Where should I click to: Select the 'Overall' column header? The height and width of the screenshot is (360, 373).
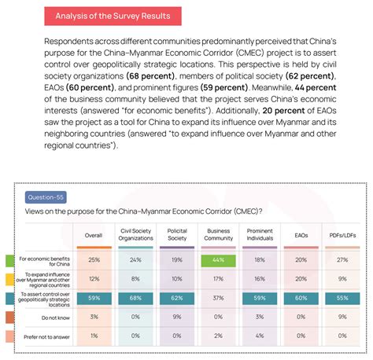[x=94, y=234]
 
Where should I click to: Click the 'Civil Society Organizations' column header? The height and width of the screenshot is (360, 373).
[x=135, y=234]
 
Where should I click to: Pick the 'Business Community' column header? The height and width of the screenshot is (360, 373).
[x=218, y=234]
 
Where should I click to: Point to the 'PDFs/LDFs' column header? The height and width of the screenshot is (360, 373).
[x=343, y=234]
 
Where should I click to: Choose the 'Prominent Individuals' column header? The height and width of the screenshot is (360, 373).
[x=260, y=234]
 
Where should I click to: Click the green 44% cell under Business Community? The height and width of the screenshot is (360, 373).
[x=218, y=259]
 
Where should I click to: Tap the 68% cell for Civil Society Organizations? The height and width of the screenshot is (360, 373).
[x=135, y=298]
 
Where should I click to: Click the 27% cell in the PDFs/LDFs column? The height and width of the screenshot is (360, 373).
[x=343, y=259]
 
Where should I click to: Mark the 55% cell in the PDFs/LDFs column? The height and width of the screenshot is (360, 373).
[x=343, y=298]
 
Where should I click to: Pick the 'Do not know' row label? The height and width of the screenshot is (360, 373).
[x=42, y=317]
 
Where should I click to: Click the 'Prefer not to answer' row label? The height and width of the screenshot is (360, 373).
[x=41, y=336]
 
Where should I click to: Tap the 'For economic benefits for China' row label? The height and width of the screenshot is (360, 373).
[x=42, y=260]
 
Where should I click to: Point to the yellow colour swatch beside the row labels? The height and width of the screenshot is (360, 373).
[x=9, y=279]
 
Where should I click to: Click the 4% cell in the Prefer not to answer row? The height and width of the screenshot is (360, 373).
[x=260, y=336]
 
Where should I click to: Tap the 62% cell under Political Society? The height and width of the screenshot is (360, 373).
[x=177, y=298]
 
